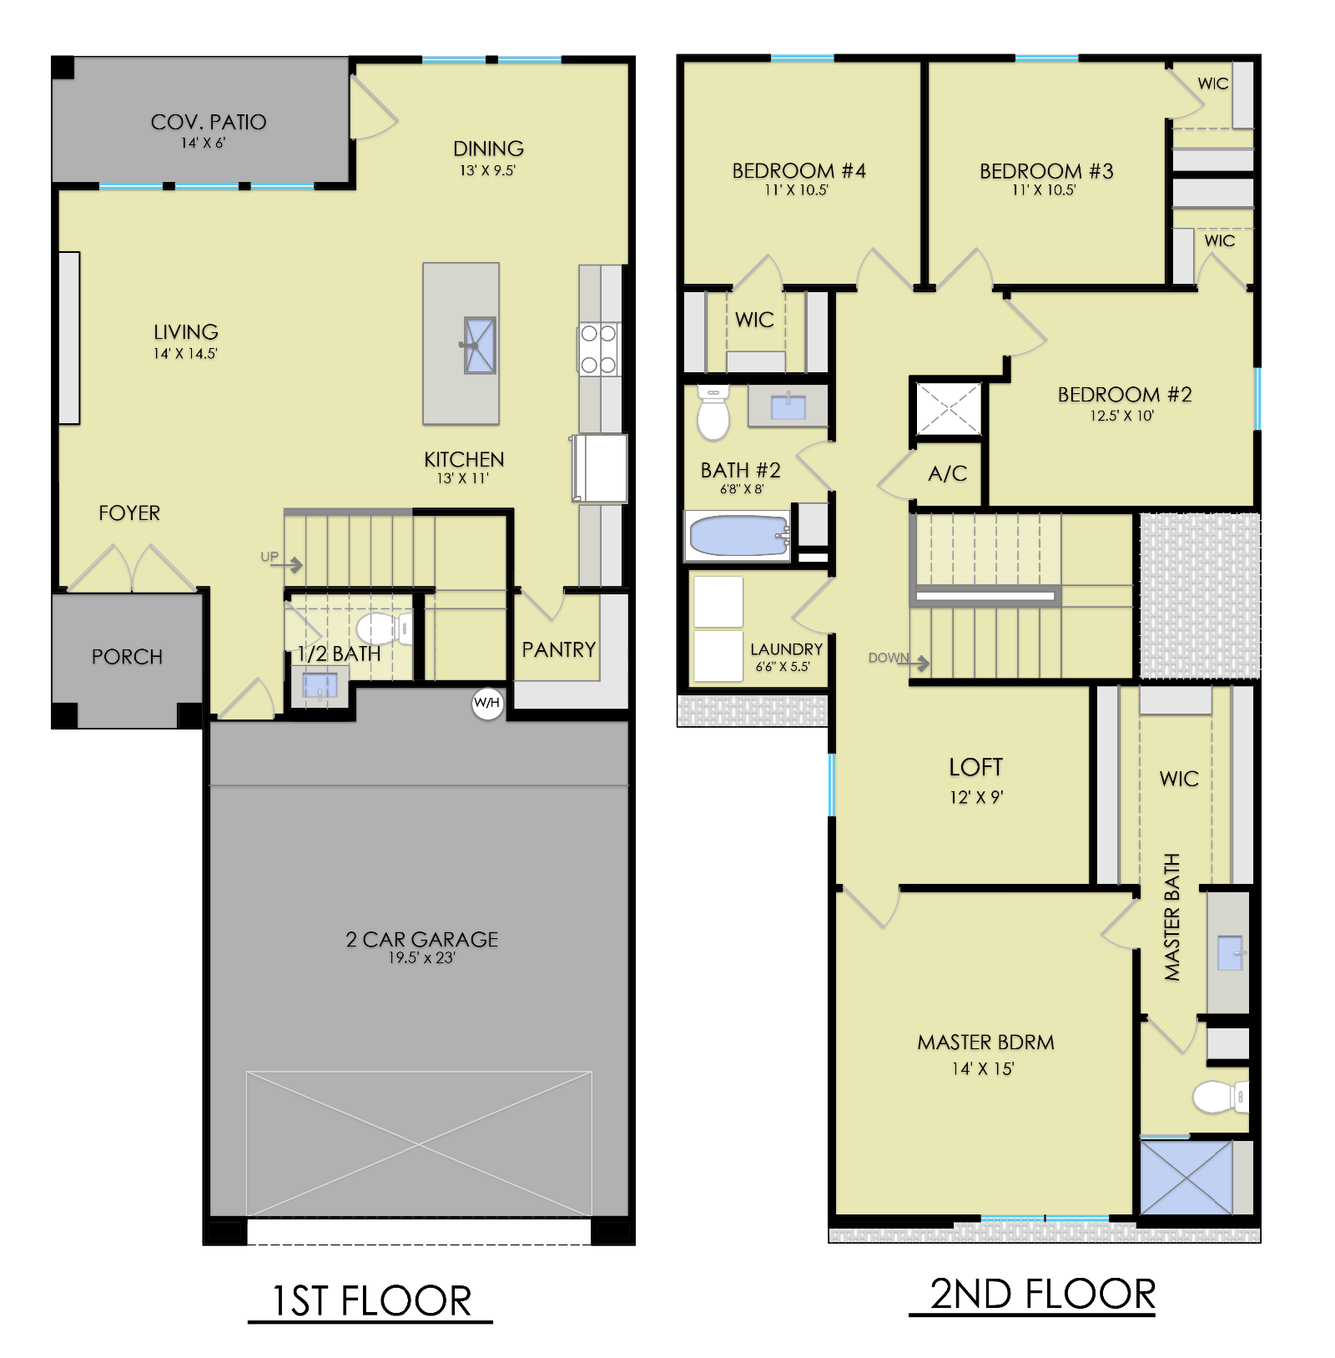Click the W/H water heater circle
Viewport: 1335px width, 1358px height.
[x=487, y=703]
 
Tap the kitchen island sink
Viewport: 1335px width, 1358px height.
[x=480, y=345]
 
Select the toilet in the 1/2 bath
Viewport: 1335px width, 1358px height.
[x=385, y=628]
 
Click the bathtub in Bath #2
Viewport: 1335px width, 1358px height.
[x=738, y=535]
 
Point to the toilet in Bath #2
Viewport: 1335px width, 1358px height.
[x=713, y=412]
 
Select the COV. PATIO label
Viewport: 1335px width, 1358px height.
[x=209, y=123]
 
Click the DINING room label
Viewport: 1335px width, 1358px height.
[x=488, y=149]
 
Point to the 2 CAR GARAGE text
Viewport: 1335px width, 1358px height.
[x=422, y=940]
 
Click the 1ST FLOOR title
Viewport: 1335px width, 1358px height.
[x=372, y=1300]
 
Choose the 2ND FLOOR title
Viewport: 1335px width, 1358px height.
[x=1043, y=1294]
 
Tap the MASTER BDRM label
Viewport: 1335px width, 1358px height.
[x=985, y=1042]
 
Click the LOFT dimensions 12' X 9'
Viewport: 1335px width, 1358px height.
[x=976, y=797]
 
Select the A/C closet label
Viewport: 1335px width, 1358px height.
[x=948, y=474]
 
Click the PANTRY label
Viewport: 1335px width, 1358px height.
[x=559, y=649]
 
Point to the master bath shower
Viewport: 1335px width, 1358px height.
[x=1186, y=1177]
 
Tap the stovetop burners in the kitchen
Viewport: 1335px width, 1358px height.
[x=599, y=349]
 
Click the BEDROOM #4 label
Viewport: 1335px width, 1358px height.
[x=798, y=171]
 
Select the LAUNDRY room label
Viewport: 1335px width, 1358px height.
[x=786, y=649]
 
